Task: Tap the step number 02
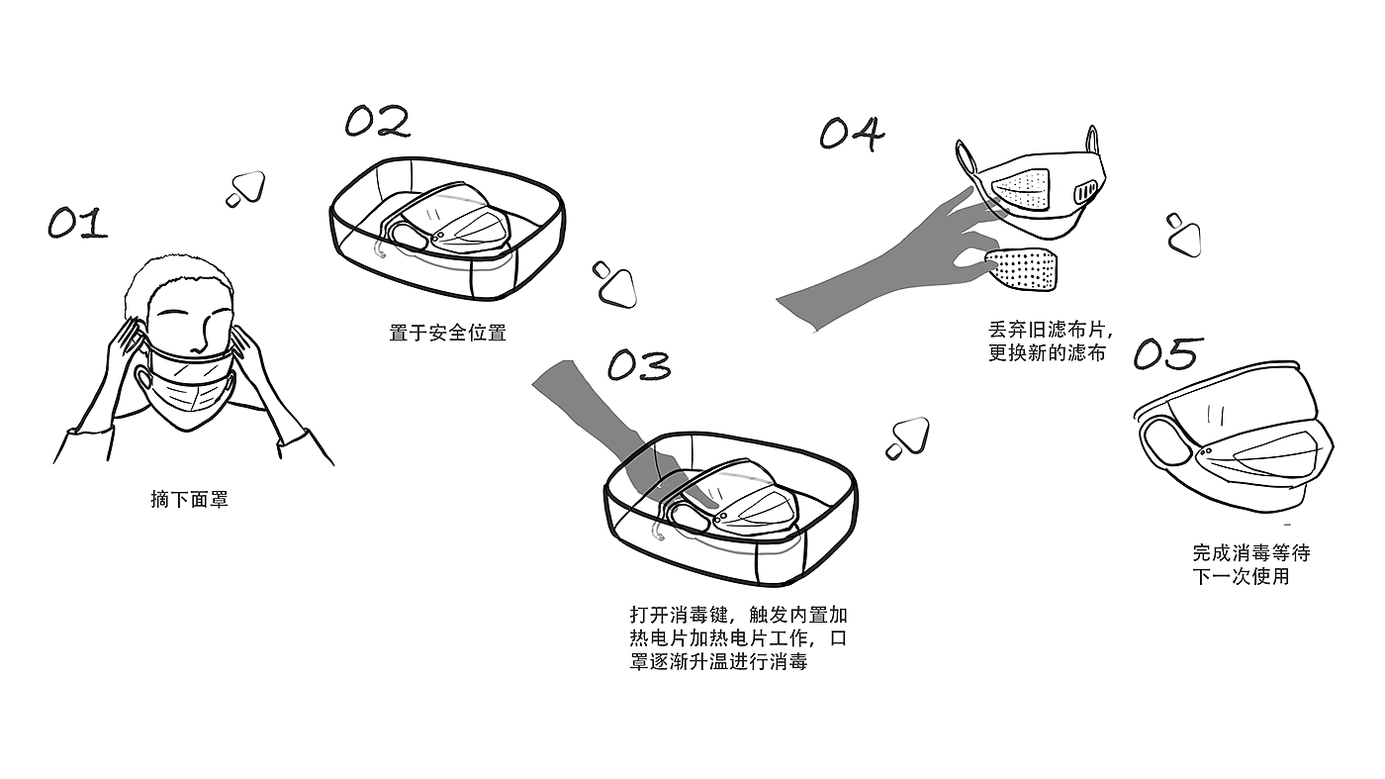coord(377,122)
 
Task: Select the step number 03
coord(639,365)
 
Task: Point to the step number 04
coord(852,134)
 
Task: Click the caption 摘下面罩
coord(189,500)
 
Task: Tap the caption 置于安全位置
coord(447,333)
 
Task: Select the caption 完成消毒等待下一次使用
coord(1250,564)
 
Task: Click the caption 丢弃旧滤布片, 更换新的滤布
coord(1051,340)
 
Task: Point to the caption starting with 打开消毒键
coord(738,637)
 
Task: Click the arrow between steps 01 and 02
coord(245,188)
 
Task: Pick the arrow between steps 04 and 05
coord(1182,234)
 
